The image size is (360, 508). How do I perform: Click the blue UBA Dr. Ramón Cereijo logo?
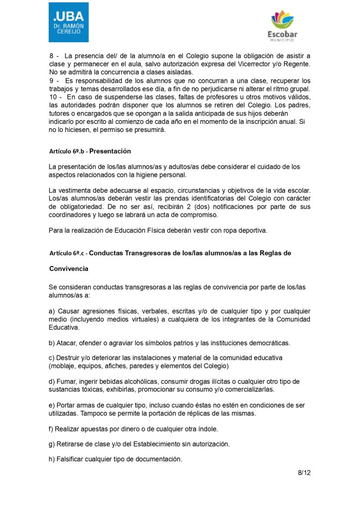69,22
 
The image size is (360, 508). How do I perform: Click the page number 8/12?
304,473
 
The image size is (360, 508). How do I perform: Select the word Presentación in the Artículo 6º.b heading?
110,151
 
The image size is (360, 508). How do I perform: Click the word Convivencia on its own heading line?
69,268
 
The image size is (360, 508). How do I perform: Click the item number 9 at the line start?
52,80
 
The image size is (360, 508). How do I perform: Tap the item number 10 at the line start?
53,97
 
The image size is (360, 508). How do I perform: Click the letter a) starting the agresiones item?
52,312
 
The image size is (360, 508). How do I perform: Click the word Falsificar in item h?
71,459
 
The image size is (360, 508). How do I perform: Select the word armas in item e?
87,405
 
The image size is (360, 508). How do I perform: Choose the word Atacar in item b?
68,343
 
